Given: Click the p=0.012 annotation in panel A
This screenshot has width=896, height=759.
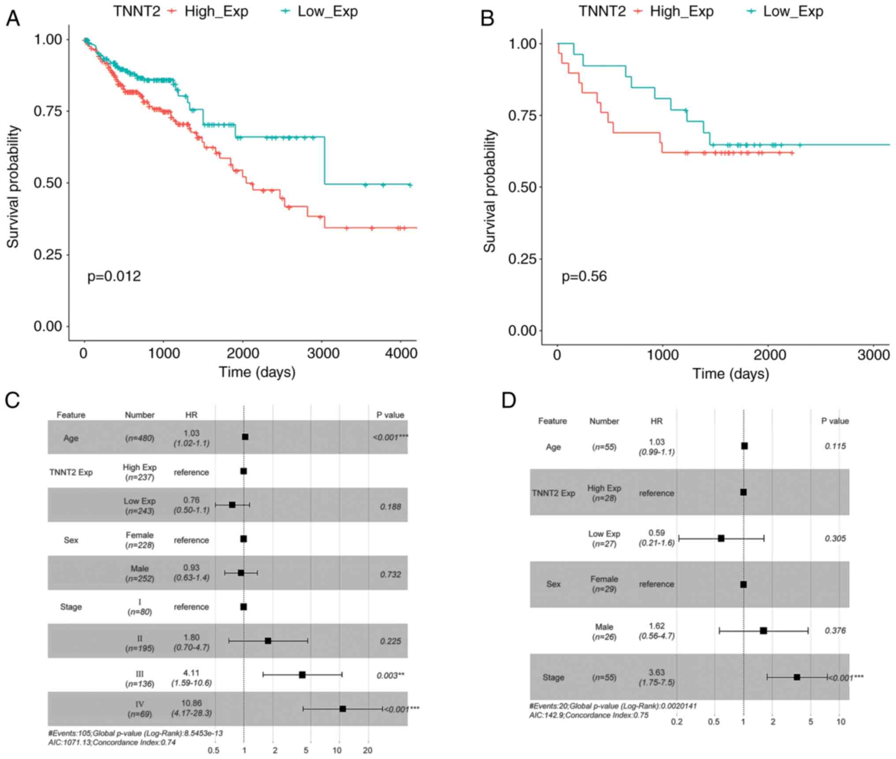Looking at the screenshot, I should click(x=114, y=276).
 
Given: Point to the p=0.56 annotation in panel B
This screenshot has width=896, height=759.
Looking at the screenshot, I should click(x=584, y=276).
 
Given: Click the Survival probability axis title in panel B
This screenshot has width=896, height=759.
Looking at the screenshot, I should click(x=489, y=191).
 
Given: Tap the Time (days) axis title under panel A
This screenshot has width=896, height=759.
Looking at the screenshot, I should click(x=257, y=372).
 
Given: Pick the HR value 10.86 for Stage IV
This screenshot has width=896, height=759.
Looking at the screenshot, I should click(x=191, y=703).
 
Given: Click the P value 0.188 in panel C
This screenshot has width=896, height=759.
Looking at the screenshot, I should click(x=390, y=506).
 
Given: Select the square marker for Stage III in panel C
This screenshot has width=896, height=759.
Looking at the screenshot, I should click(x=302, y=675).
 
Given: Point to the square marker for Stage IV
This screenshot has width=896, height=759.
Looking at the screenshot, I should click(x=343, y=709).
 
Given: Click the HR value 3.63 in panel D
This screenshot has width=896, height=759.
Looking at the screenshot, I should click(x=657, y=672).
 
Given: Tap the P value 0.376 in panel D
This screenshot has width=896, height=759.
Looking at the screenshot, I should click(x=835, y=631).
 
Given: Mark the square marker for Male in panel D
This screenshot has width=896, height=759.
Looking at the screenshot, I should click(x=763, y=631).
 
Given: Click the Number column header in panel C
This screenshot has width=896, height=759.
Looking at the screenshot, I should click(x=139, y=415).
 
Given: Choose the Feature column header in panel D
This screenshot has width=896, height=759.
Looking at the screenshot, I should click(x=552, y=421).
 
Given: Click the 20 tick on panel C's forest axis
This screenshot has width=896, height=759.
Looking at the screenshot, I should click(x=367, y=750).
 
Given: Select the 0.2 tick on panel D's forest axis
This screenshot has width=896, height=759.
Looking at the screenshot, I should click(x=676, y=722).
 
